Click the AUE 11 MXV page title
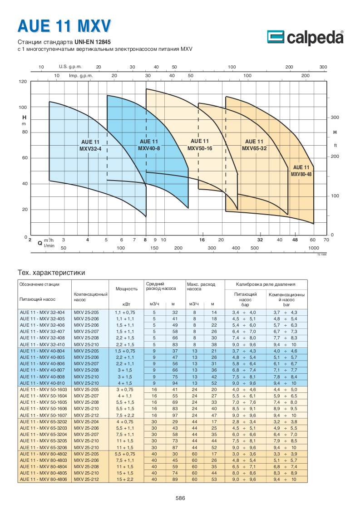coord(64,26)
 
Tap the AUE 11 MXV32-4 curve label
coord(90,145)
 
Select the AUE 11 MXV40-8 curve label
coord(149,145)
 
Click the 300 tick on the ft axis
coord(335,117)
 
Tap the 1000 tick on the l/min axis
coord(313,248)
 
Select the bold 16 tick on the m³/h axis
coord(202,239)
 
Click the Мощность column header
coord(127,288)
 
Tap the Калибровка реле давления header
coord(266,284)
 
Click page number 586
coord(180,498)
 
